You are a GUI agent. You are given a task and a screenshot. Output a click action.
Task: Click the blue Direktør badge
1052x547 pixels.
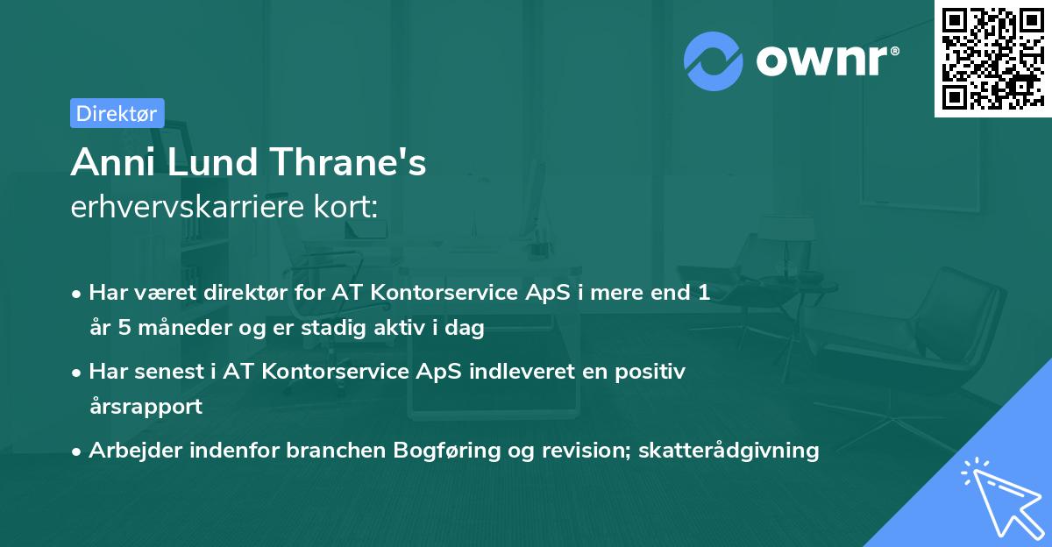point(117,113)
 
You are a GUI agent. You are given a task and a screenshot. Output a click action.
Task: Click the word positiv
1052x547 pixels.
point(650,372)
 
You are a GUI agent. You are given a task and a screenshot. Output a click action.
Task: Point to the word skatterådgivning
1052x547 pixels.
point(729,451)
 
